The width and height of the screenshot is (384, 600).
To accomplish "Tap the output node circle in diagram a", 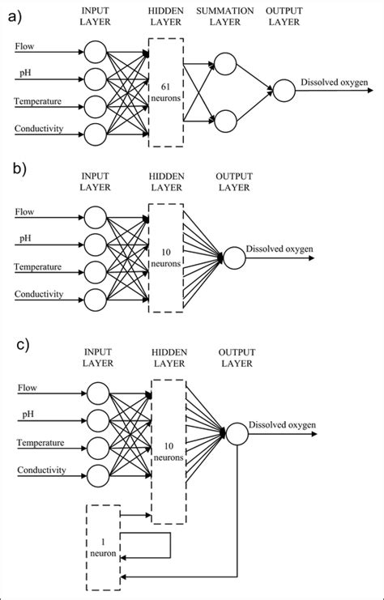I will tap(284, 91).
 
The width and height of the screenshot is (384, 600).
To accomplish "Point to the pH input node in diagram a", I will tap(96, 79).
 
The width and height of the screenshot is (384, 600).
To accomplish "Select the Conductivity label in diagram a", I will tap(38, 128).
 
